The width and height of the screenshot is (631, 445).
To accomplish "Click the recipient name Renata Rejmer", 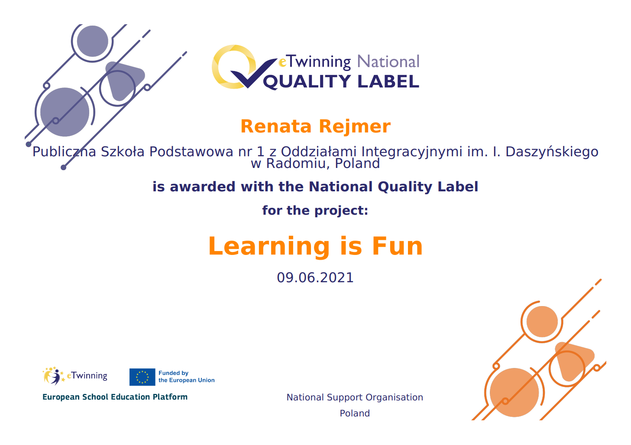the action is point(315,126).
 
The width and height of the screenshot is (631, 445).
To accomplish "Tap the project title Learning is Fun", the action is point(315,246).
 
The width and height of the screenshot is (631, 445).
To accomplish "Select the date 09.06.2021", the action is point(315,278).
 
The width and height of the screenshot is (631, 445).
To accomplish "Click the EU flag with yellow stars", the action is point(142,377).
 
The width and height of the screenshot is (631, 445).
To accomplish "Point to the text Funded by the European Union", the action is point(187,377).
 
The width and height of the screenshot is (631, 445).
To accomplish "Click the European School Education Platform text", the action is point(115,397).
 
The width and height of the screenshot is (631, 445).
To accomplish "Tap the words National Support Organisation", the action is point(355,397).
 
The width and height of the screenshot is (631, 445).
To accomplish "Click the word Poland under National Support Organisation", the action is point(355,413).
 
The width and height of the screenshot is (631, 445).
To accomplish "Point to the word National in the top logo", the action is point(388,61).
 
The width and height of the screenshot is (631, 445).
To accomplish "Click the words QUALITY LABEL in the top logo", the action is point(341,82).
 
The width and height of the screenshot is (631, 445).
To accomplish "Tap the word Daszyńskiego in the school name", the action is point(552,152).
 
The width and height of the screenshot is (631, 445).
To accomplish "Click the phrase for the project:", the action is point(315,211).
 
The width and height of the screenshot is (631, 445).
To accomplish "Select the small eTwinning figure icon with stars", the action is point(54,376).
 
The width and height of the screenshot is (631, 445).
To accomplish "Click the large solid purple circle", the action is point(65,112).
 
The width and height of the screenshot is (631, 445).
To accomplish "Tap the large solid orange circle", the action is point(515,392).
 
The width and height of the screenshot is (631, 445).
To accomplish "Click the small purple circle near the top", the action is point(92,41).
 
